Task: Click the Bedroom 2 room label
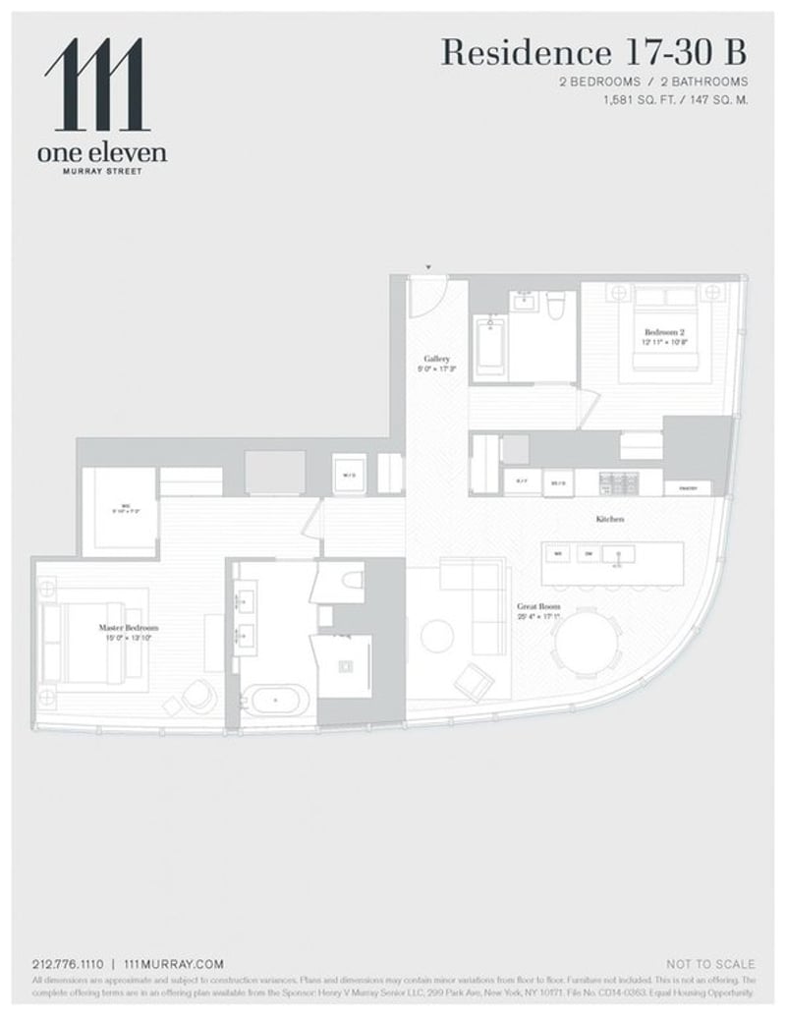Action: [x=657, y=332]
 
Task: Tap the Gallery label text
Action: [x=437, y=359]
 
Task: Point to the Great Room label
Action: [x=538, y=607]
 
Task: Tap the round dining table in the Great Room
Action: [x=587, y=647]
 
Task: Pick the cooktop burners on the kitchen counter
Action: [x=613, y=482]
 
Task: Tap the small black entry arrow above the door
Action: [x=427, y=267]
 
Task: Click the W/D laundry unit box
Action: [x=349, y=475]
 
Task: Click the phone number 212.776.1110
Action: [x=66, y=964]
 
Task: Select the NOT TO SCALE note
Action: [x=710, y=964]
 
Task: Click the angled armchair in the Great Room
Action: [x=477, y=679]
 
